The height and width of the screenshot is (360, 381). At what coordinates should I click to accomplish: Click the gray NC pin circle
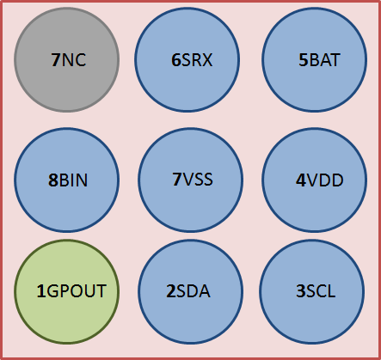tap(67, 59)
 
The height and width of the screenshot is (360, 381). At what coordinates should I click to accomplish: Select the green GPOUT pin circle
tap(67, 291)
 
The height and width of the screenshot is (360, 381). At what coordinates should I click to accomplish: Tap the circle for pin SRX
tap(190, 59)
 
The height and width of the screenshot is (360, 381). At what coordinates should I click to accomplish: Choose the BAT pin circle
tap(315, 59)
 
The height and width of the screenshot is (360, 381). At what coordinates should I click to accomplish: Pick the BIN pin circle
tap(67, 180)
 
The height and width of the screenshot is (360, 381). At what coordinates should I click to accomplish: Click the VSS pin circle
tap(190, 180)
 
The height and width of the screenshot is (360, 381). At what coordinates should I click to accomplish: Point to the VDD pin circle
tap(315, 180)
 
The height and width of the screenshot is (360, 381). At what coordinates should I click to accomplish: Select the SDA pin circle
tap(190, 291)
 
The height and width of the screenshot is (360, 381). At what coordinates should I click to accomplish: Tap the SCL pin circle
tap(315, 291)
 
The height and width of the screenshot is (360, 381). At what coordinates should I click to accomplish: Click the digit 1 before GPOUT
tap(40, 291)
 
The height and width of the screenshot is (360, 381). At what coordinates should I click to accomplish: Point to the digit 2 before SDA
tap(170, 291)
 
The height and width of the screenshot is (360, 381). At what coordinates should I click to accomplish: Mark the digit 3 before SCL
tap(300, 291)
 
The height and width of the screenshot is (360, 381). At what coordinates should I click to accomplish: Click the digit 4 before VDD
tap(300, 180)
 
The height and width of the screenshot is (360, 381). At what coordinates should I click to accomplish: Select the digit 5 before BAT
tap(303, 60)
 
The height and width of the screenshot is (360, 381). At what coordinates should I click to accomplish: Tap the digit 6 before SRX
tap(176, 60)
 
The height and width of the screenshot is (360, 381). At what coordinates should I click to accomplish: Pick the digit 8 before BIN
tap(52, 180)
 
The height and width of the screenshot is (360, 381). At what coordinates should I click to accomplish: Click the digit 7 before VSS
tap(176, 180)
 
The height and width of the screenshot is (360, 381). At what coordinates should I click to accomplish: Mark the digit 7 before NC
tap(55, 60)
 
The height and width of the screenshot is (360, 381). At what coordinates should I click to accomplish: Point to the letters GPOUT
tap(76, 291)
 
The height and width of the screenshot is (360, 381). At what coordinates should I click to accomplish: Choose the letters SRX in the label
tap(197, 60)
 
